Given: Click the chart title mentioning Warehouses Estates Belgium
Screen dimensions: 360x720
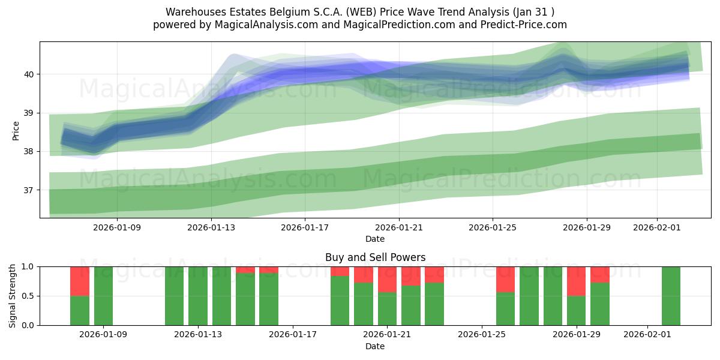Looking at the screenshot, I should (x=359, y=12).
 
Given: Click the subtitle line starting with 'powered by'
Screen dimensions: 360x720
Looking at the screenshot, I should (x=359, y=25).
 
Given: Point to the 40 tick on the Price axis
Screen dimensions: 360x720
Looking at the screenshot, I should (x=29, y=74).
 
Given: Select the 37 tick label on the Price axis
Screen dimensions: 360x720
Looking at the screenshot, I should (x=29, y=190).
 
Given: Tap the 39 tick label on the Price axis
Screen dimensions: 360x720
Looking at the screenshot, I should (x=29, y=113).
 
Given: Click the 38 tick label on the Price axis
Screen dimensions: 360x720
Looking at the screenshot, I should (x=29, y=152).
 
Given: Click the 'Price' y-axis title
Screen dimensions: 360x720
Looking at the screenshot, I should (x=16, y=130).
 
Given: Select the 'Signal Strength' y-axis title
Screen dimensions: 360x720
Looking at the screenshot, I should (x=13, y=296).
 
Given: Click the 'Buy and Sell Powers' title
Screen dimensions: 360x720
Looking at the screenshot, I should (x=375, y=257).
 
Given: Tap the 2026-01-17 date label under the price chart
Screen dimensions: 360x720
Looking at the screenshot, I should (x=305, y=228).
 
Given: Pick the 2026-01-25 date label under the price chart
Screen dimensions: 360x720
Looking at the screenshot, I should (x=493, y=228).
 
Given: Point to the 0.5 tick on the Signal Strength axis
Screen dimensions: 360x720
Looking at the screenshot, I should (x=28, y=296).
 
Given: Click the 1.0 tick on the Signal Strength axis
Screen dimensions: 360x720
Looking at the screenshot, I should (x=28, y=266).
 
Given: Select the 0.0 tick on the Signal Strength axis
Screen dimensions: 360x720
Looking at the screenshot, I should (x=28, y=325).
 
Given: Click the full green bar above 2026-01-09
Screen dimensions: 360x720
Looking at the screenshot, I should (x=103, y=296).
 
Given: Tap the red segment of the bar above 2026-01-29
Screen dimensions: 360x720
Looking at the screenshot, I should (x=576, y=281).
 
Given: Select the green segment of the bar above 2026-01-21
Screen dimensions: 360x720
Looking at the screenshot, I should (x=387, y=308).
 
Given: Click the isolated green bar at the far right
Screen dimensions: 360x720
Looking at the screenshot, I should (x=671, y=296).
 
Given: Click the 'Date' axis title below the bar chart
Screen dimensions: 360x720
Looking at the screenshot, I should (x=375, y=346).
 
